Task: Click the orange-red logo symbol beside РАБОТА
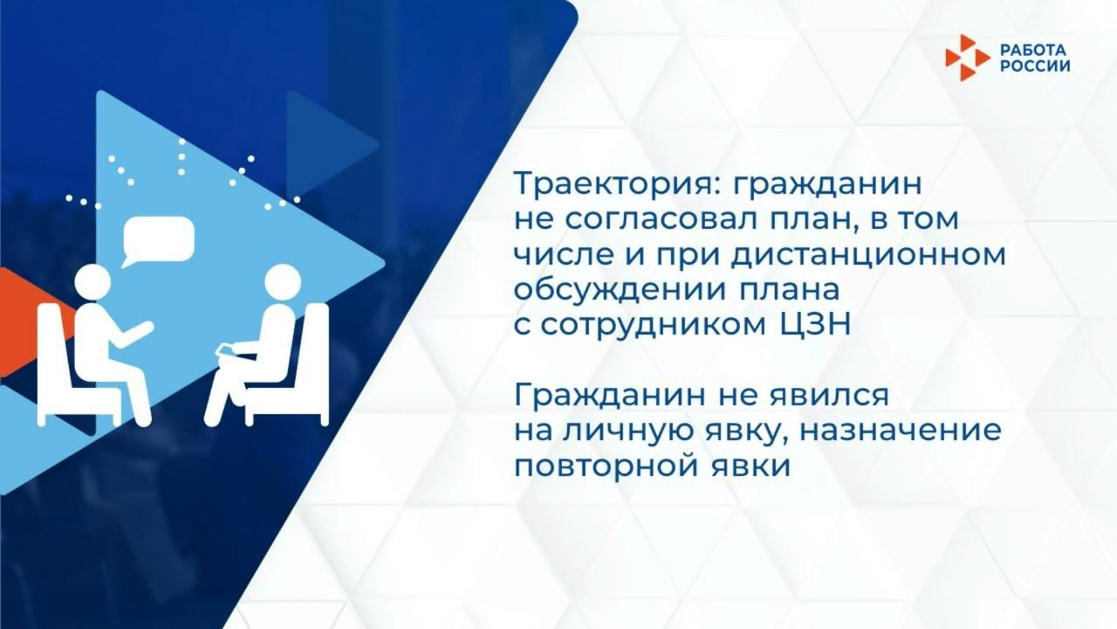(967, 57)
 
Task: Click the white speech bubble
(157, 238)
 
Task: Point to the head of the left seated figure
(93, 283)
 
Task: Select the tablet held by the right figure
(226, 350)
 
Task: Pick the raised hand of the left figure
(142, 328)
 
